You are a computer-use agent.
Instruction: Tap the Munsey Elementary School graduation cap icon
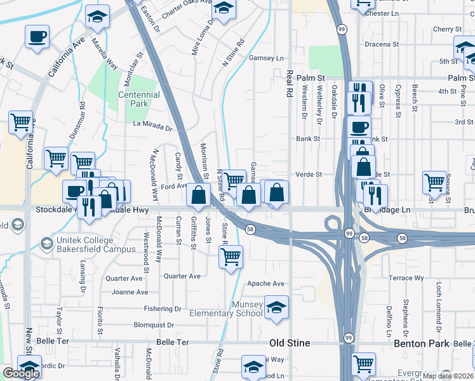point(276,308)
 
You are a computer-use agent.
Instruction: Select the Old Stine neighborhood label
point(290,344)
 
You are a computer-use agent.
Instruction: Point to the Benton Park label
point(439,344)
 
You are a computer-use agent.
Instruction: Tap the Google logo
point(21,373)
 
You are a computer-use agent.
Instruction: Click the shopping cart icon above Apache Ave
point(230,257)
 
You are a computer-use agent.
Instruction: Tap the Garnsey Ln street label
point(266,58)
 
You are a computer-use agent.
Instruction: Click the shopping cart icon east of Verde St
point(434,182)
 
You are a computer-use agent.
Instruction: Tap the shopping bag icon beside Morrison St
point(199,197)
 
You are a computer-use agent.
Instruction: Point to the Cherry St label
point(447,29)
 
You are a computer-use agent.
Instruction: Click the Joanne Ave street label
point(130,292)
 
